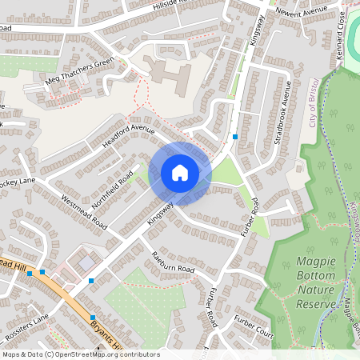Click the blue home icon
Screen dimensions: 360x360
180,172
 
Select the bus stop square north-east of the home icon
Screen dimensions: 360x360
234,137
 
